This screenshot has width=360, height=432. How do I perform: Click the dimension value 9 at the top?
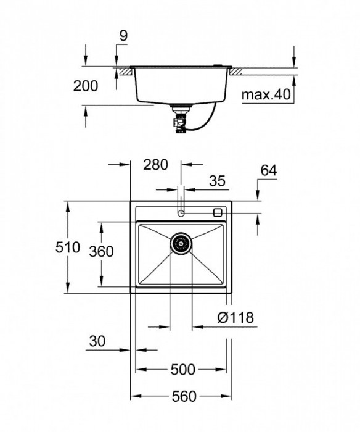pyautogui.click(x=123, y=36)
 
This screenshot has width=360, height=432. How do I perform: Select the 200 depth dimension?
pyautogui.click(x=86, y=86)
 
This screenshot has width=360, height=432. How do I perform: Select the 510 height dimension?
pyautogui.click(x=68, y=248)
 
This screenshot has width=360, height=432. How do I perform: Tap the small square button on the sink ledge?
pyautogui.click(x=217, y=212)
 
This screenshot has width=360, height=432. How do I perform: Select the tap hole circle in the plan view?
pyautogui.click(x=181, y=213)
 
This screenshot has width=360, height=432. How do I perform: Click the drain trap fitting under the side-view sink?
pyautogui.click(x=180, y=117)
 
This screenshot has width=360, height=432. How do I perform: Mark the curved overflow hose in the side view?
pyautogui.click(x=207, y=117)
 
